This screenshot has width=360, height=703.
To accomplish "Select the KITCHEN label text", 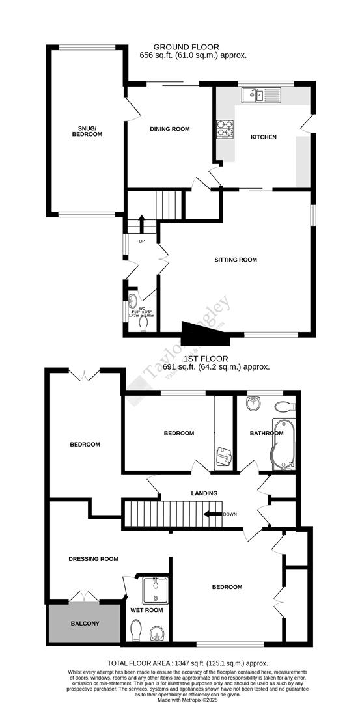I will tap(264, 137).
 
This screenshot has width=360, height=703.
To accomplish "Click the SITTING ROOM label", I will tap(236, 260).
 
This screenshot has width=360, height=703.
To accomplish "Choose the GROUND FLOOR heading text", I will tap(186, 47).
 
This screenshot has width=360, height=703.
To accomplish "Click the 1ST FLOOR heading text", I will tap(205, 358).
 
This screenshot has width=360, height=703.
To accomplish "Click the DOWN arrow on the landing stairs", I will tap(212, 514).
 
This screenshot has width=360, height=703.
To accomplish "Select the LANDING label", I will tap(204, 493).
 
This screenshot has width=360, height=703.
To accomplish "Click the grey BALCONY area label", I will tap(85, 623).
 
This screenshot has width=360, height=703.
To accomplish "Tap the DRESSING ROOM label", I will tap(94, 558).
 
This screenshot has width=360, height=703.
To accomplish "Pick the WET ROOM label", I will tap(146, 610).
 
